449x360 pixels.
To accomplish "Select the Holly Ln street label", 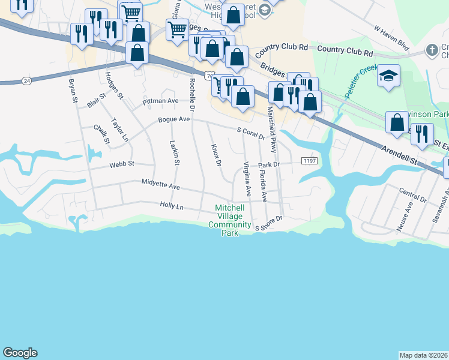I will [x=171, y=206].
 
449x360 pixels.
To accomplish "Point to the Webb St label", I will [x=122, y=164].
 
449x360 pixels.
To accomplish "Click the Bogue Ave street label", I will [x=173, y=119].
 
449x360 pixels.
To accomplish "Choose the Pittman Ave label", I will [x=160, y=101].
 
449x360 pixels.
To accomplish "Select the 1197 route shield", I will [x=309, y=161].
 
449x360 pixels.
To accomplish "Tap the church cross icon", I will [x=431, y=50].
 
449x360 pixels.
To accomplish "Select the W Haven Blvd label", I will [x=391, y=38].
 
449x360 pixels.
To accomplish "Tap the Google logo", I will [x=20, y=353].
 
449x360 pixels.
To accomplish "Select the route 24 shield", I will [x=26, y=79].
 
